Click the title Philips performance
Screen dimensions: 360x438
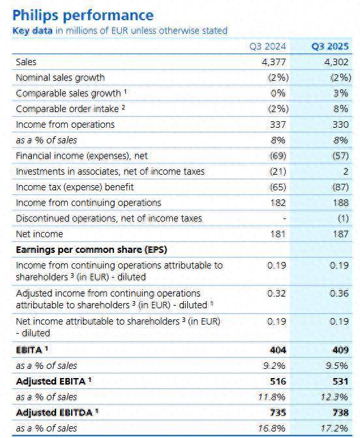click(83, 16)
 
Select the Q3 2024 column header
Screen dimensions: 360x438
click(268, 46)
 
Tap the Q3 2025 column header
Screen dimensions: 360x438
click(330, 46)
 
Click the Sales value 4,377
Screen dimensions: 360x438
click(274, 62)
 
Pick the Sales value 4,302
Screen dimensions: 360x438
click(337, 62)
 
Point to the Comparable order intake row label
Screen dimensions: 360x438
click(70, 109)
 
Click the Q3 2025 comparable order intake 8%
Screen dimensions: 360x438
click(340, 109)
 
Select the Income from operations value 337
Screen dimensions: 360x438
click(278, 124)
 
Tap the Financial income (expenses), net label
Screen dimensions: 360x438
click(82, 156)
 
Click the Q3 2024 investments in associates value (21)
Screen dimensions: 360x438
click(278, 171)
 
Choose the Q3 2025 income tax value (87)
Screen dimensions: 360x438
click(340, 187)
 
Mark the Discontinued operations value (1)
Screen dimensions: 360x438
click(343, 218)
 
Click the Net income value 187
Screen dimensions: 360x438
click(340, 234)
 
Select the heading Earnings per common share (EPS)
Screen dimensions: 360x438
click(91, 250)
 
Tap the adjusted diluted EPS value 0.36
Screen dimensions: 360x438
click(339, 293)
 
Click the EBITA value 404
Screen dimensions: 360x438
click(278, 350)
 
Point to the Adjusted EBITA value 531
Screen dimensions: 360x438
click(340, 381)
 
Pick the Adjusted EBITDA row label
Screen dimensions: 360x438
click(57, 413)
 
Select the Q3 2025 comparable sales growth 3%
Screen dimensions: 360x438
click(340, 93)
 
